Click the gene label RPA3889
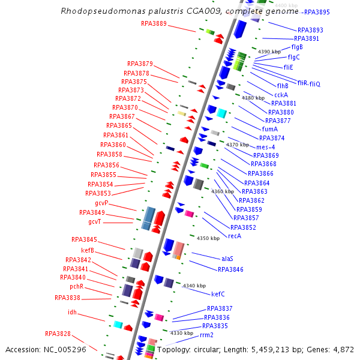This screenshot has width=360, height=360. click(154, 24)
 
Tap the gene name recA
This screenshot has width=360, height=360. click(235, 236)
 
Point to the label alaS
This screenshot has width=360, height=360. click(227, 258)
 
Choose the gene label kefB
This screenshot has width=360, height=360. click(87, 250)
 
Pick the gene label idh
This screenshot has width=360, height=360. click(72, 312)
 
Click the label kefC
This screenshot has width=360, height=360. click(218, 294)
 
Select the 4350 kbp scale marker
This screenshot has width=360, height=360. click(208, 239)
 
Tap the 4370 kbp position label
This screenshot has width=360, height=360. click(237, 145)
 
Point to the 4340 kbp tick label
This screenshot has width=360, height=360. click(194, 286)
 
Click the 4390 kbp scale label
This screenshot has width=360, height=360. click(269, 52)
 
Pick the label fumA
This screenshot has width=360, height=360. click(270, 129)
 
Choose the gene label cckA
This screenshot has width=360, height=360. click(281, 95)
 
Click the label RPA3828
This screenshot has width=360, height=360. click(58, 334)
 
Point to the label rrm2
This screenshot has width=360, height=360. click(206, 335)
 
